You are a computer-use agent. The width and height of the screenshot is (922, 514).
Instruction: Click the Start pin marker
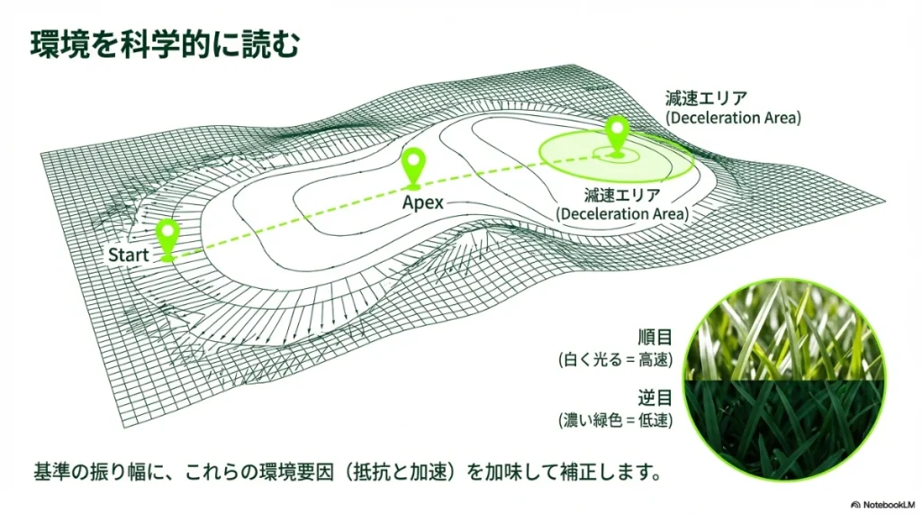point(167,239)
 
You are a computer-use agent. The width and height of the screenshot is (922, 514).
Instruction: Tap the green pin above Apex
point(414,168)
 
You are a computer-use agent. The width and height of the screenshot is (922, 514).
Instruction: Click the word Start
point(128,256)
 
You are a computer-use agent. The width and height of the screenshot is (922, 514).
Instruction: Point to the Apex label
point(423,203)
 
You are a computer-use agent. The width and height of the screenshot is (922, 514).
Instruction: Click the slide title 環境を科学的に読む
point(166,45)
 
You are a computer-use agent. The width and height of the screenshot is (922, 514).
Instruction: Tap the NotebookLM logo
point(883,505)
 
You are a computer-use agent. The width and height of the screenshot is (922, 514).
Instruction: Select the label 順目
point(655,338)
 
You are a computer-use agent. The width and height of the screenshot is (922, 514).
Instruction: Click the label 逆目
point(655,398)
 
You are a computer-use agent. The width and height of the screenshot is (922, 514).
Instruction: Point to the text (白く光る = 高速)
point(615,360)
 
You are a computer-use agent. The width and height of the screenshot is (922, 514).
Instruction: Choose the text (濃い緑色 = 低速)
point(615,420)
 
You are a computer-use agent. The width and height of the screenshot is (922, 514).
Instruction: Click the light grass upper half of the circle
point(785,334)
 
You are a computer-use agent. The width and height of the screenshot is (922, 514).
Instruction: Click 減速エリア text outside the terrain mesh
point(706,97)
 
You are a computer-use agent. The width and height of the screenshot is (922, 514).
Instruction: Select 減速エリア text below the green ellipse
point(623,194)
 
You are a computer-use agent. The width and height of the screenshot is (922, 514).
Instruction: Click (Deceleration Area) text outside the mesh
point(733,118)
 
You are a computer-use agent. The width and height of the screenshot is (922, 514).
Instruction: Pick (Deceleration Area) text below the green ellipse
point(623,213)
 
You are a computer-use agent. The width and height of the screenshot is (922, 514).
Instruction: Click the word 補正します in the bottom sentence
point(602,472)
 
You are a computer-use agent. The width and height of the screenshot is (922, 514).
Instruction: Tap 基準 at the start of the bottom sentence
point(51,472)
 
